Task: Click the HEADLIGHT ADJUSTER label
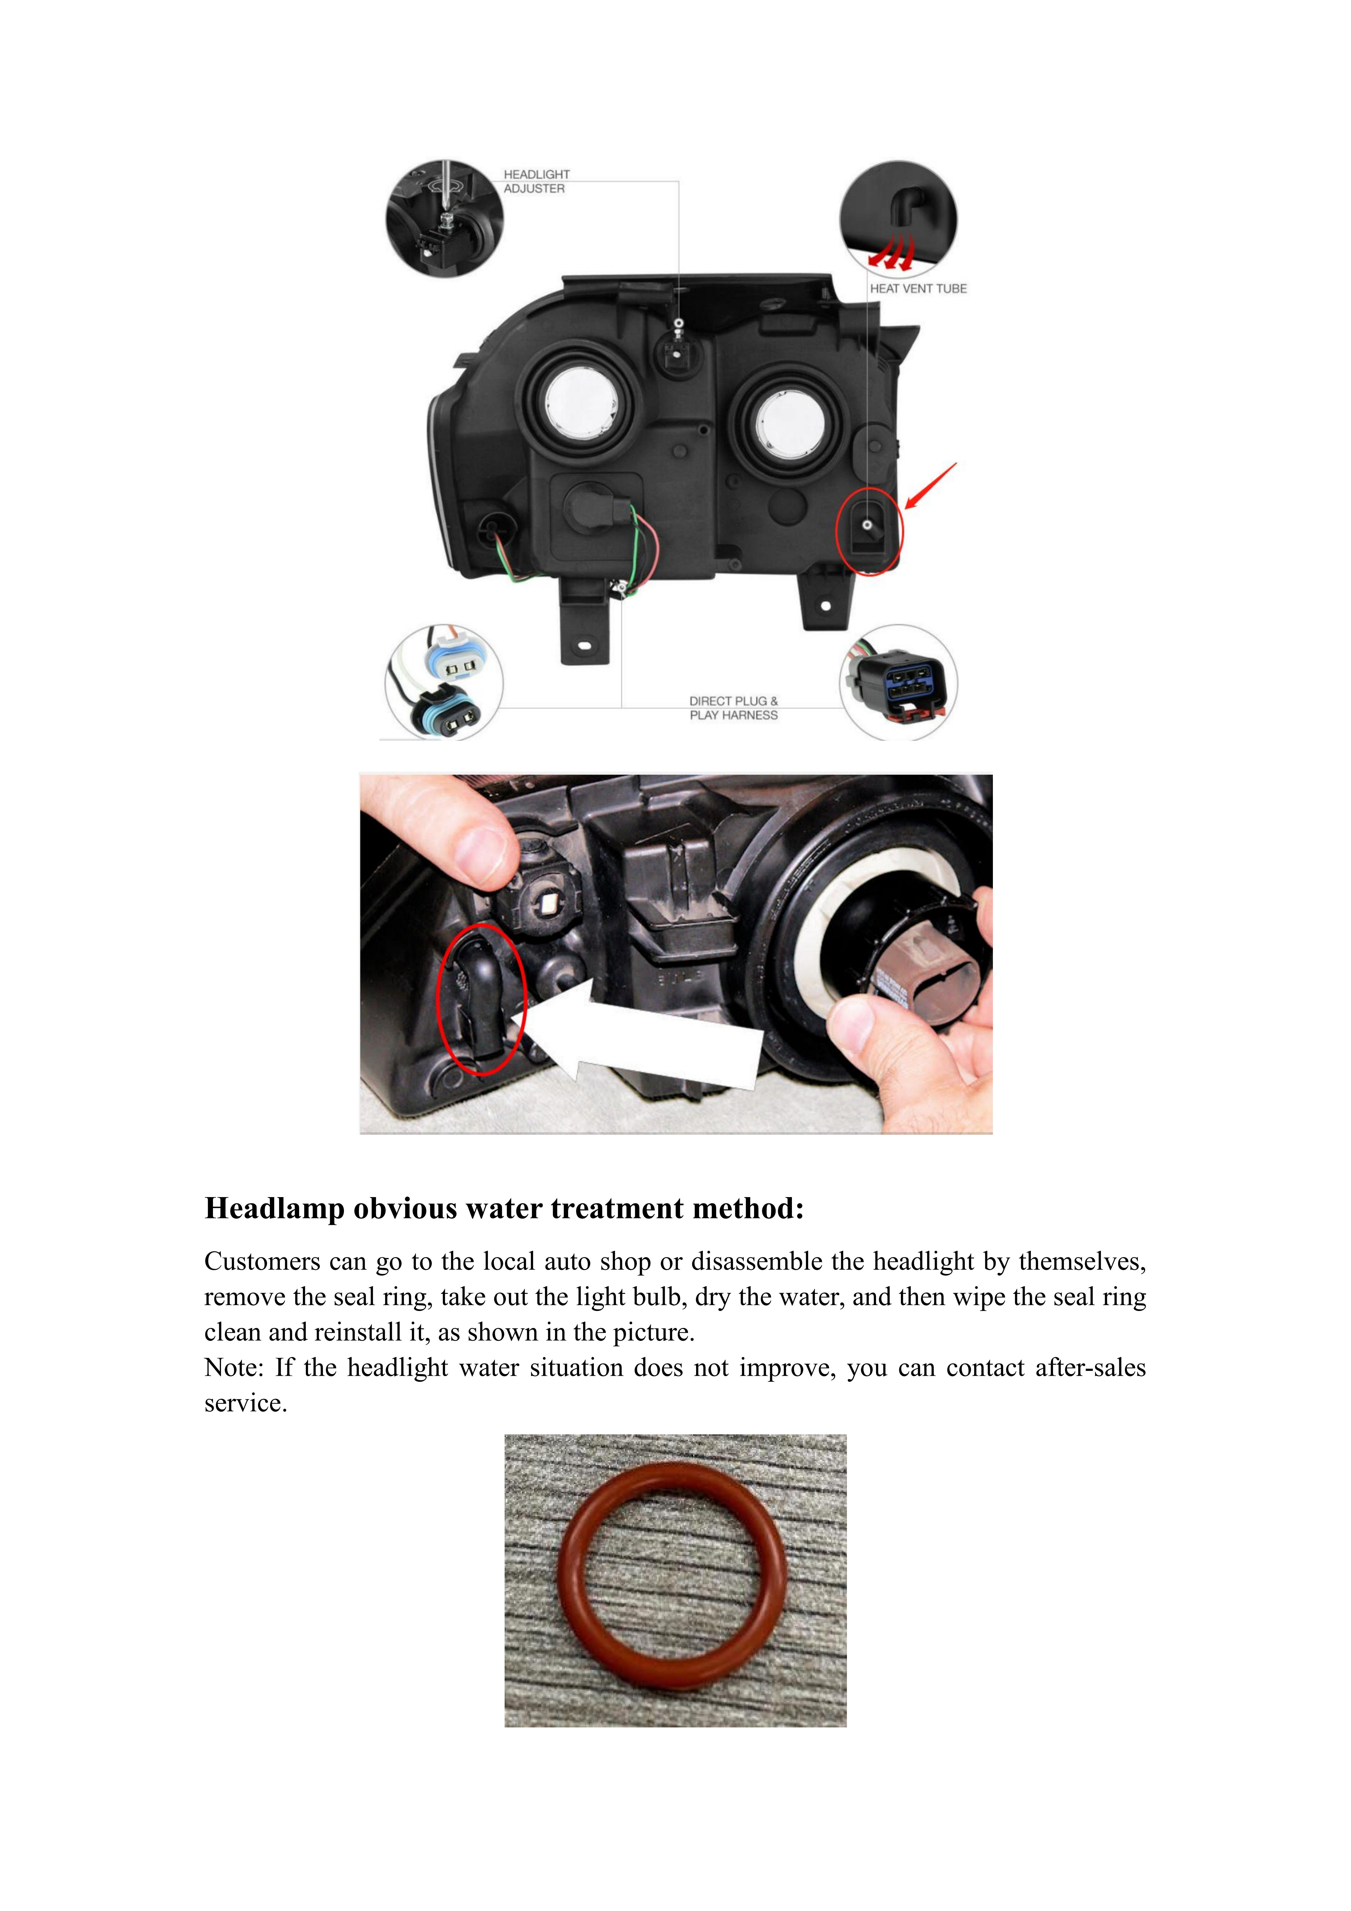(536, 181)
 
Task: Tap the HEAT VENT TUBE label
(918, 289)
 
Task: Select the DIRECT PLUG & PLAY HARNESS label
(733, 708)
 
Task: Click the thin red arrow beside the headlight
(931, 486)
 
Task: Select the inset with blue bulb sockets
(444, 683)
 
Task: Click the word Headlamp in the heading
(275, 1209)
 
